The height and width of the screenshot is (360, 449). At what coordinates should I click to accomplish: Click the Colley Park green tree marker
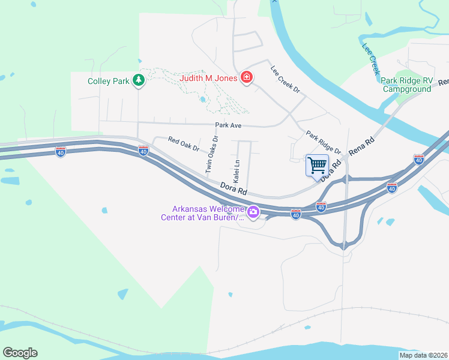[x=139, y=80]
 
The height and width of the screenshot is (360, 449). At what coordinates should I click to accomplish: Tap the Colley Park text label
[x=109, y=80]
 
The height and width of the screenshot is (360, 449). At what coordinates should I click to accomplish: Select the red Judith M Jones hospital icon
[x=246, y=77]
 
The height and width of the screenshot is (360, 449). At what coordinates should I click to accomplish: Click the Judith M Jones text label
[x=209, y=77]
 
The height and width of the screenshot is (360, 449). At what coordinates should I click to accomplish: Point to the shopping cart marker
[x=317, y=164]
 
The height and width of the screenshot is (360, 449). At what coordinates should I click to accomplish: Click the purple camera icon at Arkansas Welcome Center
[x=253, y=211]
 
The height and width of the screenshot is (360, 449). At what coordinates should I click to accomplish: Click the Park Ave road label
[x=228, y=125]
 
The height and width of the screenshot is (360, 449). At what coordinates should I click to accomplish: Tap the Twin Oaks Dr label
[x=212, y=154]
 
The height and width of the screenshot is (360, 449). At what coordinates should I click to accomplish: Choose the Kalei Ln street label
[x=237, y=170]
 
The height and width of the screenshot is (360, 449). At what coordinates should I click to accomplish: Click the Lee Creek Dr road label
[x=285, y=79]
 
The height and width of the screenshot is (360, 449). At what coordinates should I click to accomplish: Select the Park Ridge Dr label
[x=323, y=142]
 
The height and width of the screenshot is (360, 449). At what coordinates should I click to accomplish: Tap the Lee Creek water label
[x=371, y=58]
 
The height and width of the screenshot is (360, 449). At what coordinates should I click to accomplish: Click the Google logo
[x=20, y=353]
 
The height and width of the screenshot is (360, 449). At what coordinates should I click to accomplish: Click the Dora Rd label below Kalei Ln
[x=234, y=188]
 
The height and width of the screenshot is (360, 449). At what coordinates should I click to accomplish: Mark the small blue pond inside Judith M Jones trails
[x=203, y=99]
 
